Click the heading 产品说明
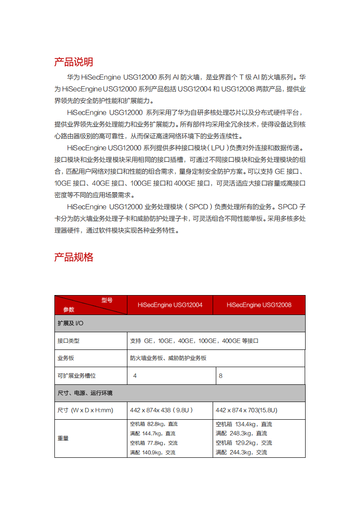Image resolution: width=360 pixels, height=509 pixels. (73, 62)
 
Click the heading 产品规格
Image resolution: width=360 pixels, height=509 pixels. (73, 257)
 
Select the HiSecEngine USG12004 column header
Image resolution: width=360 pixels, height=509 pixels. (170, 305)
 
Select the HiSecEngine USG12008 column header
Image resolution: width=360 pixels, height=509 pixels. (259, 305)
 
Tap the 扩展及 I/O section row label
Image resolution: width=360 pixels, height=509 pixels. (70, 323)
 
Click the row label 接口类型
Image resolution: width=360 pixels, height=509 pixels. (68, 341)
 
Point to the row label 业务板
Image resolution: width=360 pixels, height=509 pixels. (66, 358)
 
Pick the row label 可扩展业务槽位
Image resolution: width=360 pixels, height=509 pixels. (77, 376)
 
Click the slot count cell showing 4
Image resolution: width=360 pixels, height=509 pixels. (135, 376)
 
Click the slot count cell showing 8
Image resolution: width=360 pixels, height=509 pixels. (221, 376)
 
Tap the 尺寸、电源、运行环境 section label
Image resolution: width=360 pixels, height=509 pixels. (85, 393)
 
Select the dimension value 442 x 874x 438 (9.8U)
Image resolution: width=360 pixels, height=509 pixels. (161, 410)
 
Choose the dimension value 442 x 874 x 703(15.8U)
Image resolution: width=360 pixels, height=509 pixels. (246, 410)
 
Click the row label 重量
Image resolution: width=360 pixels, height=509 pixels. (63, 438)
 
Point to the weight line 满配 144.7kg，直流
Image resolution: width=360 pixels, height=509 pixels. (153, 434)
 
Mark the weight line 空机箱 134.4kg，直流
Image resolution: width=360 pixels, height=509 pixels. (244, 424)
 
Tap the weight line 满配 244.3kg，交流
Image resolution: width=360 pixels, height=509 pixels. (241, 452)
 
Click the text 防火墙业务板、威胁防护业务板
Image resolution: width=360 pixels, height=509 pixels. (168, 358)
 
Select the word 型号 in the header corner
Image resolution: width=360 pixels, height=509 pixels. (107, 300)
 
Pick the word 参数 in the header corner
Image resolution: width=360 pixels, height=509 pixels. (68, 310)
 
